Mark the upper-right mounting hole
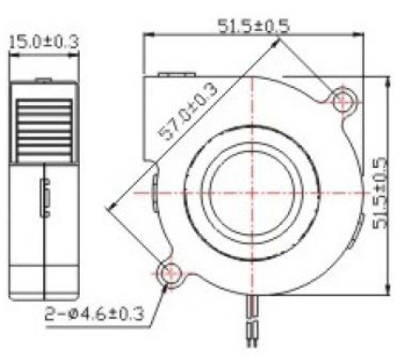pyautogui.click(x=343, y=98)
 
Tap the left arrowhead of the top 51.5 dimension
pyautogui.click(x=145, y=36)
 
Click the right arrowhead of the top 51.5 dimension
pyautogui.click(x=360, y=36)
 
